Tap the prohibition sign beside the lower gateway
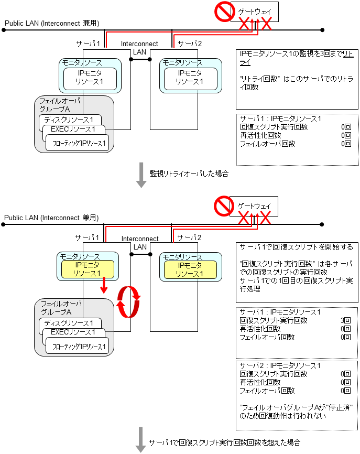[224, 206]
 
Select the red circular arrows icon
[128, 301]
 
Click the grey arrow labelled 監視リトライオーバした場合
[141, 175]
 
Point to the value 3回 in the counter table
[345, 320]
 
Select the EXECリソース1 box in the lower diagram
[73, 332]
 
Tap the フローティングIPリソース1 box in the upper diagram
[79, 143]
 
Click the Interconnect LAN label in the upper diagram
[139, 48]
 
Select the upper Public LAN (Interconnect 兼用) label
[52, 23]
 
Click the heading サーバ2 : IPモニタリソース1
[280, 365]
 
